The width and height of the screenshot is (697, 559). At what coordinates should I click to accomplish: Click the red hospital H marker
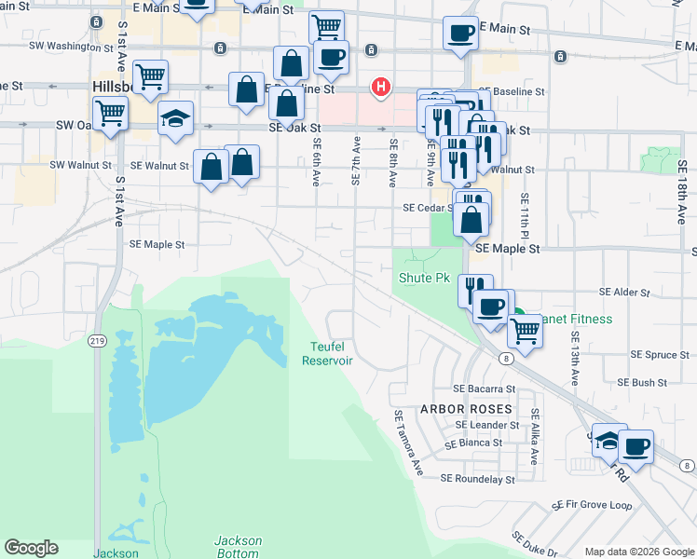click(x=380, y=88)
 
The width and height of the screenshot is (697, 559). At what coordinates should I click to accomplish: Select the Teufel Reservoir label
click(x=326, y=354)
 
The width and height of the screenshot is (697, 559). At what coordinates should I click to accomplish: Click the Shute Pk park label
click(x=424, y=278)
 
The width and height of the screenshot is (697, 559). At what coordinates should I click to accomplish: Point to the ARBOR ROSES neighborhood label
click(x=466, y=409)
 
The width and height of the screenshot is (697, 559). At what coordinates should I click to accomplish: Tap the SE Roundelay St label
click(x=477, y=479)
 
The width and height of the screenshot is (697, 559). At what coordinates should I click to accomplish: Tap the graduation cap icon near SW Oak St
click(x=175, y=119)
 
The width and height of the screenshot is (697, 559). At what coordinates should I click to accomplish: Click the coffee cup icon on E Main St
click(x=460, y=34)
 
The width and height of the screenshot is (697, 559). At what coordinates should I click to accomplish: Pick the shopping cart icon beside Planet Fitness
click(x=526, y=329)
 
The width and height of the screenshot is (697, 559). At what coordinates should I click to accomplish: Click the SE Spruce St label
click(x=660, y=354)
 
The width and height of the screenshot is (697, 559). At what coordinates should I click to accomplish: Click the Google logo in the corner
click(x=31, y=548)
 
